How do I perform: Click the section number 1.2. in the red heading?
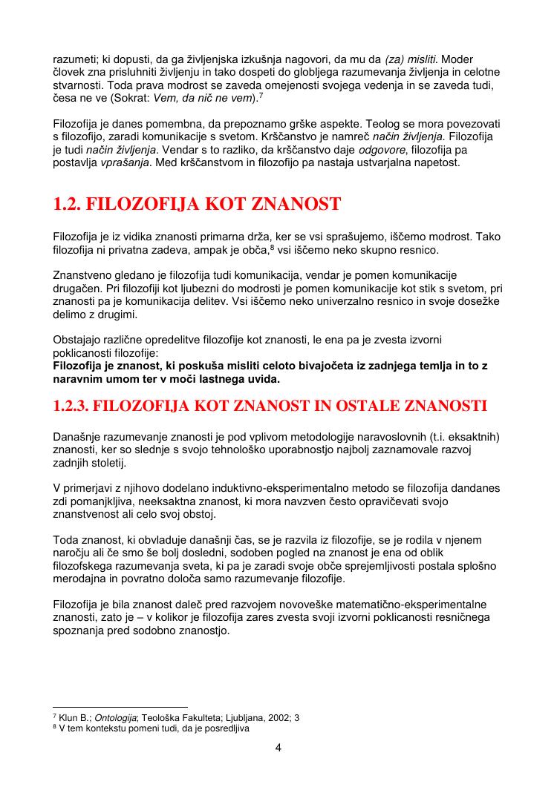click(x=72, y=204)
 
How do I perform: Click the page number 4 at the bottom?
click(x=278, y=747)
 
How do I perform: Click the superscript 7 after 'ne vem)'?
click(x=260, y=95)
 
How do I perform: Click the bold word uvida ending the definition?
click(x=264, y=379)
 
